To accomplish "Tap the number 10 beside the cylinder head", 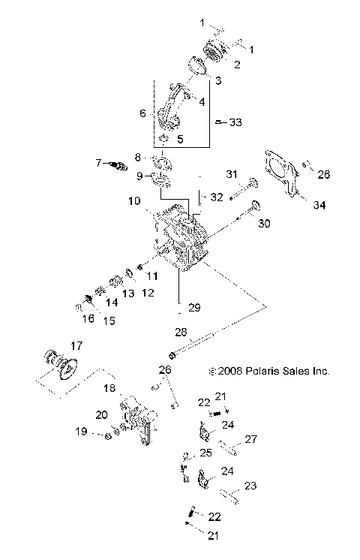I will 133,201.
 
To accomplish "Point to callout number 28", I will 180,333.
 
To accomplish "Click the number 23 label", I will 250,486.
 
